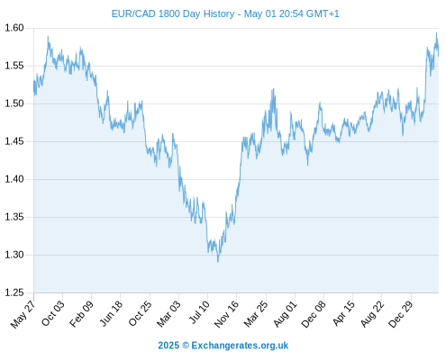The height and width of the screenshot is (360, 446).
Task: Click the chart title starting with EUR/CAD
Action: click(225, 13)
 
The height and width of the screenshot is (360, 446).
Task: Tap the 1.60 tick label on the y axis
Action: click(14, 28)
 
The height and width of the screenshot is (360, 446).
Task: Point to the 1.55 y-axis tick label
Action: click(14, 66)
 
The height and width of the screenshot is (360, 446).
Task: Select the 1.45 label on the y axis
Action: click(14, 141)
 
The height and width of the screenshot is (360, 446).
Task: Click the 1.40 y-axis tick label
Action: click(14, 179)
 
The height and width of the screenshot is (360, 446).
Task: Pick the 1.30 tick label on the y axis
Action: click(14, 255)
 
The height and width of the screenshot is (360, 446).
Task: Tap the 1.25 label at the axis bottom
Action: click(14, 292)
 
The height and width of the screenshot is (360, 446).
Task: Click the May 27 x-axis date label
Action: click(23, 314)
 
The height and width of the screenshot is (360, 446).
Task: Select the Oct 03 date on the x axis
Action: click(52, 313)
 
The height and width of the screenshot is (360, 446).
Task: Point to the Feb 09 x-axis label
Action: click(81, 313)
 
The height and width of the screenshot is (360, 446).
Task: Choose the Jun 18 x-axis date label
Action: click(111, 313)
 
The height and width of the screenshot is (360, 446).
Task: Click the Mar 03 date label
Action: click(168, 313)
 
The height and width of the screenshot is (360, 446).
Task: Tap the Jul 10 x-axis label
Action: click(199, 312)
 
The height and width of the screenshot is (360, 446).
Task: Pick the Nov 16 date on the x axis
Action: click(226, 314)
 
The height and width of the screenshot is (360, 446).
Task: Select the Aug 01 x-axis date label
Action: click(285, 313)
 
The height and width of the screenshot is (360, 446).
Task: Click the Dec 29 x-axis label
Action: click(401, 314)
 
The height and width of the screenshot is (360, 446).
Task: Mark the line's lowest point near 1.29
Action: click(218, 262)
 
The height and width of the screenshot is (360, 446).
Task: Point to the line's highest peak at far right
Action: click(436, 33)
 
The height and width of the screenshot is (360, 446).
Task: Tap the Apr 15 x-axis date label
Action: click(343, 313)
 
